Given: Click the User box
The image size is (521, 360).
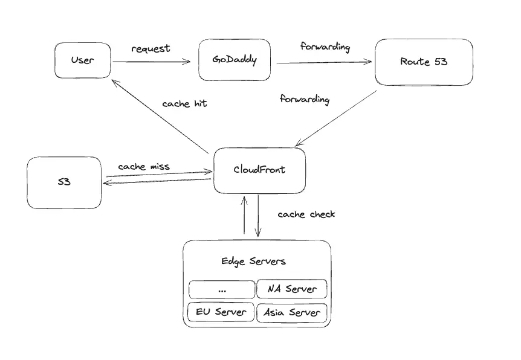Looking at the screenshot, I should (82, 60).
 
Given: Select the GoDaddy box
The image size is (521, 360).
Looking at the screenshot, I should (234, 60).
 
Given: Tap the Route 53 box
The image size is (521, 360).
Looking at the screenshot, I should (423, 62).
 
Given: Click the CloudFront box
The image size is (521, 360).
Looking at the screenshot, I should (259, 170).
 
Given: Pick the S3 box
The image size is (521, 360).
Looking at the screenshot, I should (64, 182).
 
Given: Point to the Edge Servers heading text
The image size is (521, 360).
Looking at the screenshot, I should (253, 261).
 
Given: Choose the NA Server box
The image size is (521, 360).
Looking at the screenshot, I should (292, 289).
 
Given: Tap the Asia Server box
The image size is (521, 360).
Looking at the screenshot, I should (292, 312).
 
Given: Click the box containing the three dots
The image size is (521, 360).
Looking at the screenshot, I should (221, 289).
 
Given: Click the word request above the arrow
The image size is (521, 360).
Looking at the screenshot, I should (151, 48).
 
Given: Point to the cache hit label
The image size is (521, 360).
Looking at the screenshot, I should (184, 103).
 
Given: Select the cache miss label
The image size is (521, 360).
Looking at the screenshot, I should (144, 166).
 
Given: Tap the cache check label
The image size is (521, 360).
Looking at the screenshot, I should (306, 214).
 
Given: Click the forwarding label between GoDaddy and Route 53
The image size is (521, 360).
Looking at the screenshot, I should (325, 47).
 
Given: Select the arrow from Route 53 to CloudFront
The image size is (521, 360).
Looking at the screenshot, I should (335, 118).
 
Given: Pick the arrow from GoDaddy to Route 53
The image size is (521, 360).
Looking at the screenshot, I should (323, 62).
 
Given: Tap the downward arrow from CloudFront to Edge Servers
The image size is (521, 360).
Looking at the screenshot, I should (259, 216).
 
